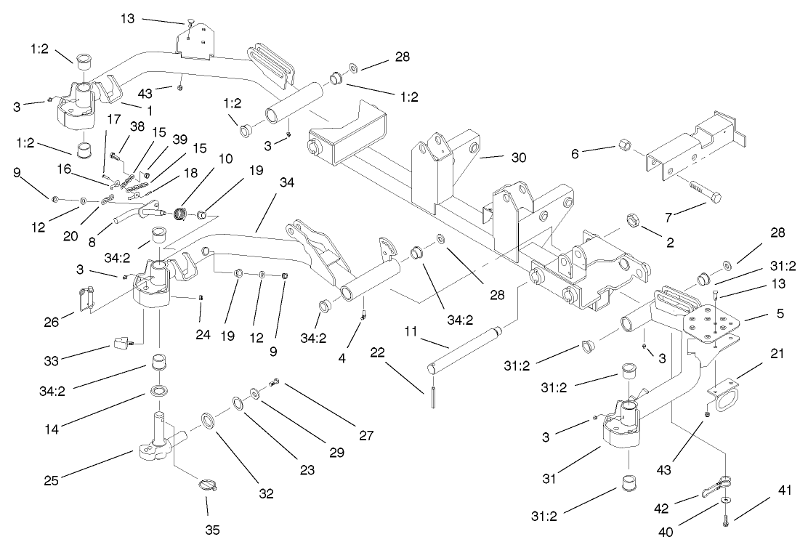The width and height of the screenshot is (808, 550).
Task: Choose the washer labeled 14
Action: click(x=157, y=392)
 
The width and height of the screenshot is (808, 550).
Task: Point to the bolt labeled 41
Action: click(x=727, y=518)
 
